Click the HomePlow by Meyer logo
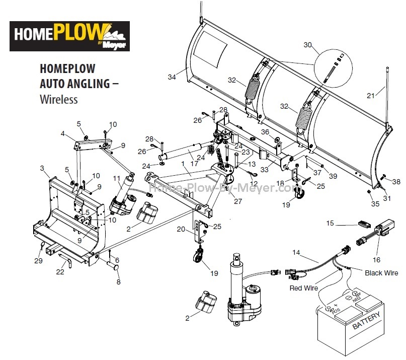click(70, 36)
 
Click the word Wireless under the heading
click(58, 99)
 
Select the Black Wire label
click(381, 272)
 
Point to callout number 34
click(172, 77)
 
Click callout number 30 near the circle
click(308, 45)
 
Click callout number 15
click(330, 223)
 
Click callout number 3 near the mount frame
click(43, 168)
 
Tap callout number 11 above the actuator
click(117, 178)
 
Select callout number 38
click(396, 182)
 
